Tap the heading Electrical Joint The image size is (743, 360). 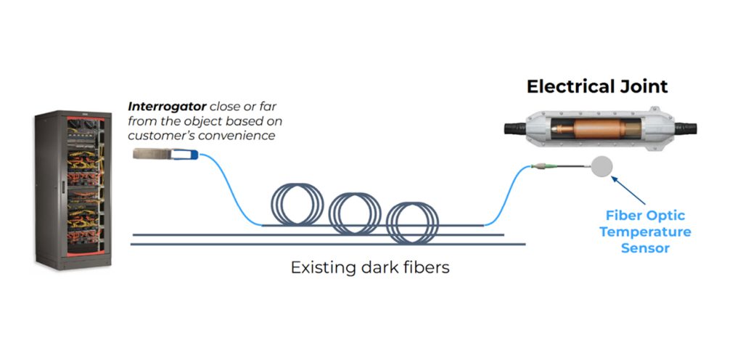tap(597, 87)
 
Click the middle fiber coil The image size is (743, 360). tap(355, 211)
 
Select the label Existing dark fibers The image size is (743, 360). tap(370, 268)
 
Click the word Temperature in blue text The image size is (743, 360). tap(644, 232)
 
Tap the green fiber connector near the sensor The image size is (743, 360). tap(543, 166)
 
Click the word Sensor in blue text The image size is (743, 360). tap(644, 248)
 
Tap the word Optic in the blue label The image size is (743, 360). tap(665, 216)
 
